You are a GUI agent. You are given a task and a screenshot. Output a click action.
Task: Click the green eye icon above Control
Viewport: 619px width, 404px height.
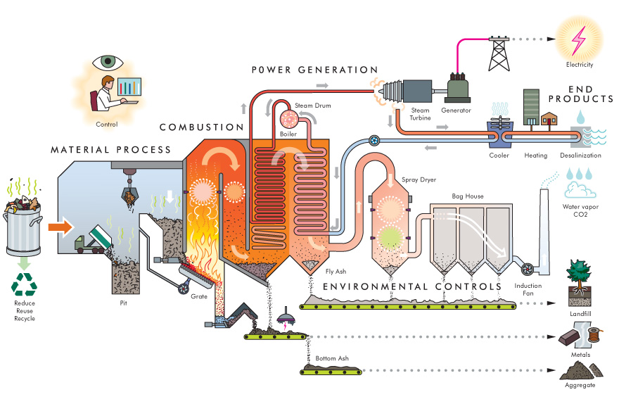tap(107, 61)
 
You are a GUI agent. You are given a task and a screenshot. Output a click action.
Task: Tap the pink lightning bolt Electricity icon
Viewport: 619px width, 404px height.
tap(580, 41)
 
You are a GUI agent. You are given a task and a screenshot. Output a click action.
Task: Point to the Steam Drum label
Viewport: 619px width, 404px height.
tap(312, 106)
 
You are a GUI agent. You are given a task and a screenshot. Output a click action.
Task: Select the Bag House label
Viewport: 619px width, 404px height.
tap(467, 196)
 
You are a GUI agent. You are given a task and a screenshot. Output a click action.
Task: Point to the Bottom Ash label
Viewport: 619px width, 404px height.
tap(331, 359)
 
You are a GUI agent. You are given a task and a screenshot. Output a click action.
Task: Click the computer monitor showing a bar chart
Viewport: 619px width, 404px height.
tap(128, 88)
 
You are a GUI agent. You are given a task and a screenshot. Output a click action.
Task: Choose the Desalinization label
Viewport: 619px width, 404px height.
tap(580, 156)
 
